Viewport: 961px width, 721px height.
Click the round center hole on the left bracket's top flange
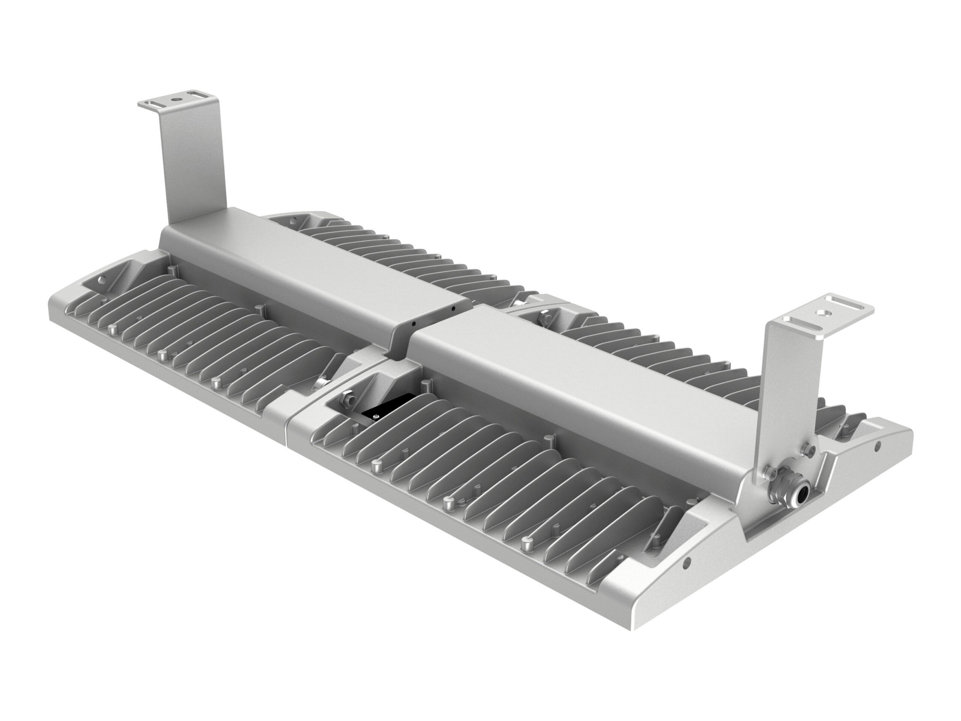tap(176, 99)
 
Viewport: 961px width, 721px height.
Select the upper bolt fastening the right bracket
tap(808, 448)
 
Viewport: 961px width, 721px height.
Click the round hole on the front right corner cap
tap(687, 564)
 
